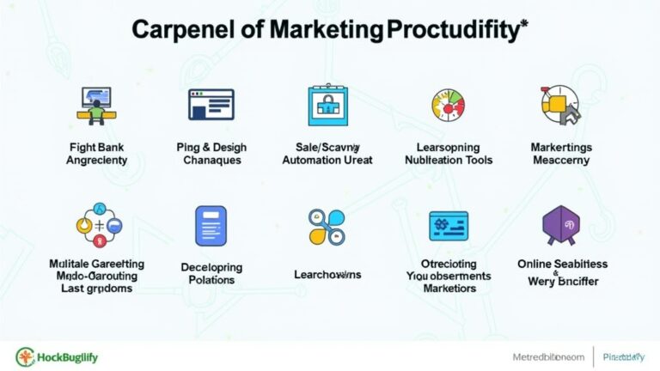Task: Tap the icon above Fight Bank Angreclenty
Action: click(96, 105)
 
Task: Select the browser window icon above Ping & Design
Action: click(211, 105)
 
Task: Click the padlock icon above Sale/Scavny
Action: click(327, 106)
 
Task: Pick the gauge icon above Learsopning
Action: click(447, 105)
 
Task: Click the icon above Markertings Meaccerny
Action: click(560, 105)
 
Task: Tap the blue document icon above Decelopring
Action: click(211, 227)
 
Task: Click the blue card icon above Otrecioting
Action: click(448, 226)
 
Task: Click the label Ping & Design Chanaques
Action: click(211, 153)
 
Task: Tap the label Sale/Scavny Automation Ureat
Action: click(327, 153)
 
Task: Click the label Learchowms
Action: click(327, 274)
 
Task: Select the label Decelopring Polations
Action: click(211, 274)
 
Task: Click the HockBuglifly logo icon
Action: click(25, 355)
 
